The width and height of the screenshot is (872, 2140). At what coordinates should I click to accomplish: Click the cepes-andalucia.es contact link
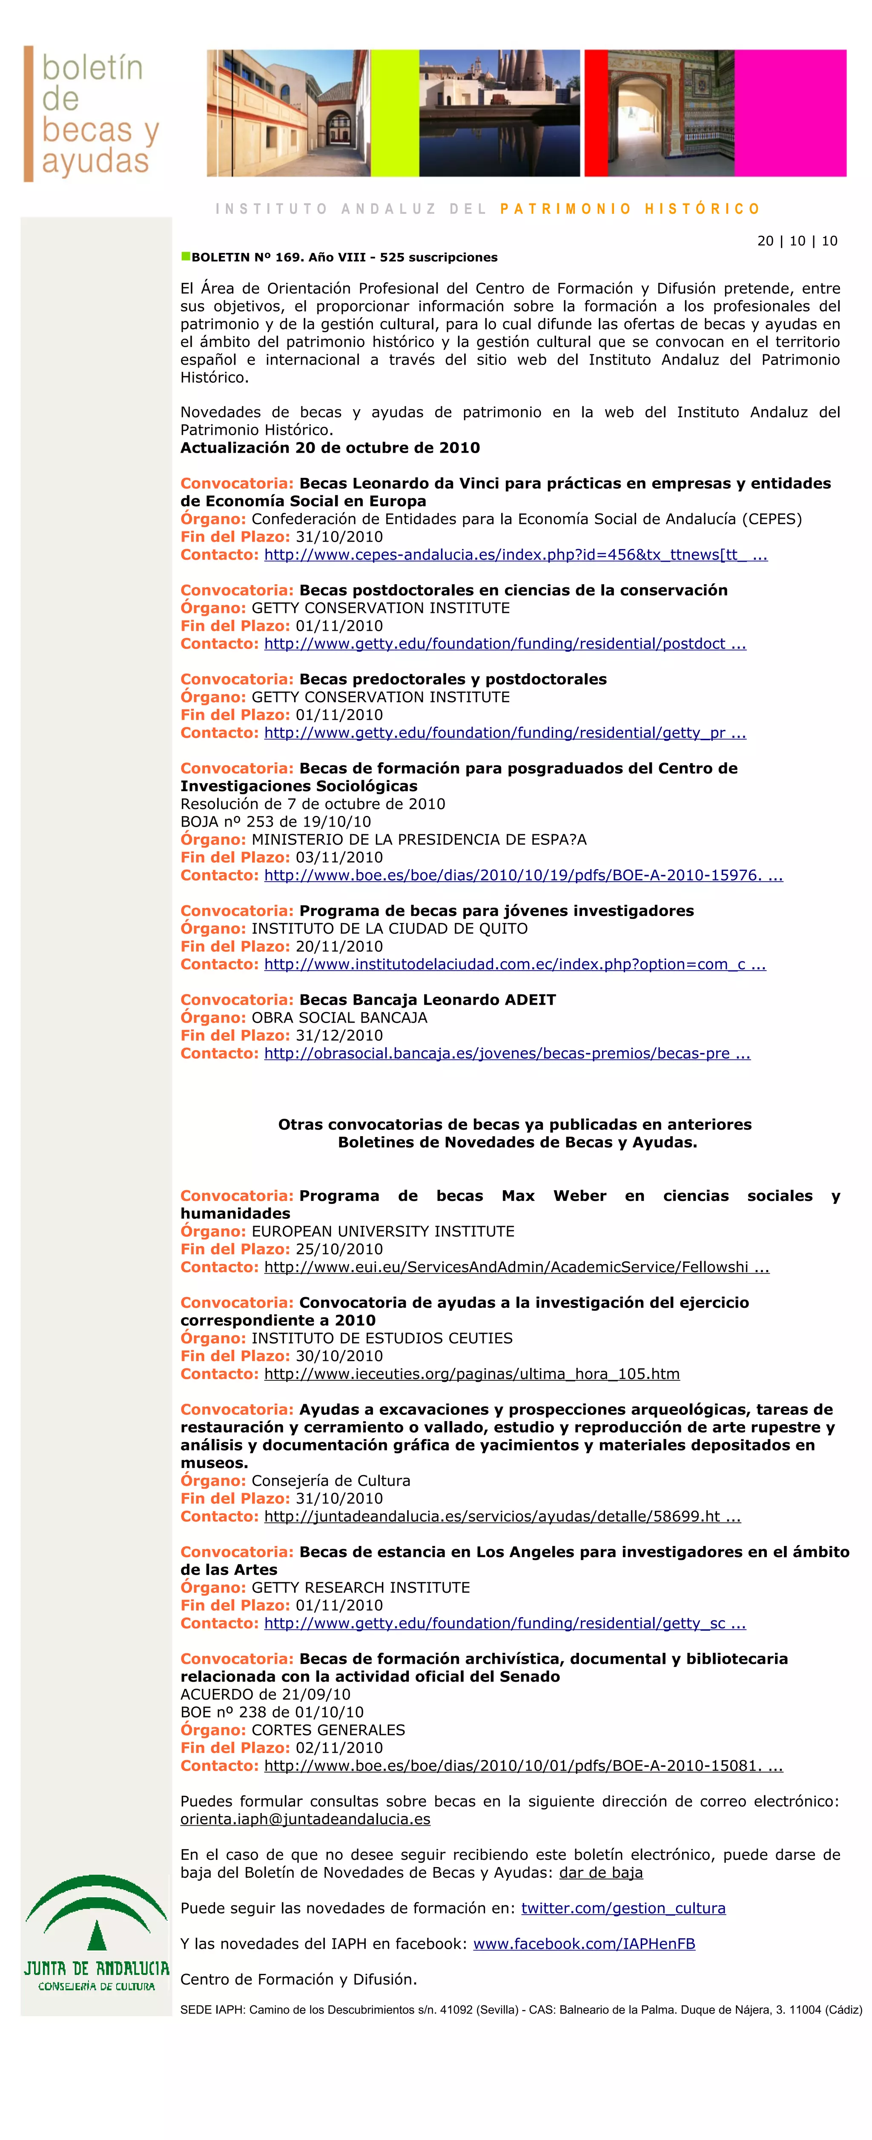tap(515, 555)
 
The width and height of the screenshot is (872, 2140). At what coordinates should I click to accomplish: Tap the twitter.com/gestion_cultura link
tap(623, 1908)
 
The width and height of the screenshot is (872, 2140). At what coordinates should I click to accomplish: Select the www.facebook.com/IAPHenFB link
tap(584, 1944)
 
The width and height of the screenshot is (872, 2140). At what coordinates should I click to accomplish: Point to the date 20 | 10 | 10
tap(797, 241)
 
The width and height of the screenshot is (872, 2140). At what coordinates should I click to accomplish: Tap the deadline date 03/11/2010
tap(339, 857)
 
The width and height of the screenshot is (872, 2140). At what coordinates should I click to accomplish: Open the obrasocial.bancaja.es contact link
tap(507, 1053)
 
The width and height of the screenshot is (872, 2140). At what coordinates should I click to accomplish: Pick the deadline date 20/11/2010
tap(339, 946)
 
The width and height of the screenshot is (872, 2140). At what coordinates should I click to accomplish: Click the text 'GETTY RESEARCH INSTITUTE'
tap(361, 1588)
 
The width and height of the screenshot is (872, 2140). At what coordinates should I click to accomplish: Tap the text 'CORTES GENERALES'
tap(328, 1729)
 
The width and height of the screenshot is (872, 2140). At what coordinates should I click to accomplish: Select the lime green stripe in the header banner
tap(394, 113)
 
